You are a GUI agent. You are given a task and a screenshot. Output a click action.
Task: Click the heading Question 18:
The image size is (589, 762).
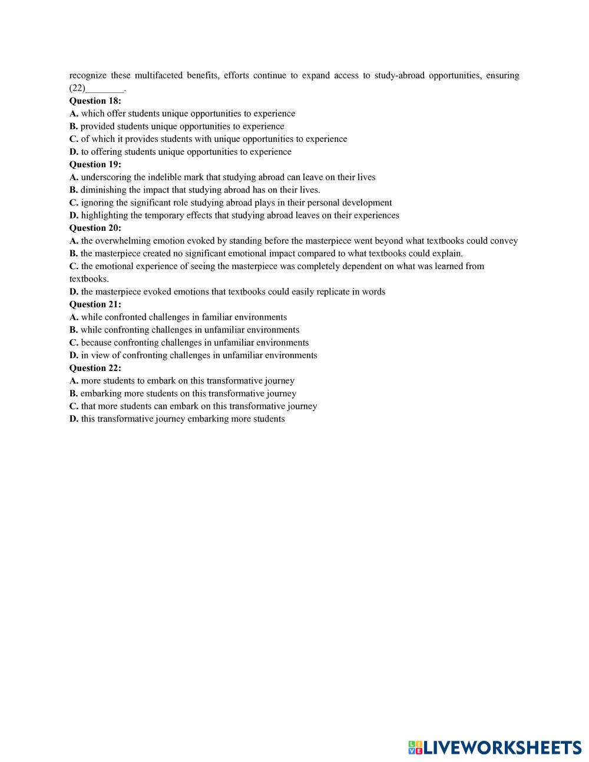coord(95,101)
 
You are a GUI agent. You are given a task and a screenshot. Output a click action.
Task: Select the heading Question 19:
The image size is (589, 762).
coord(95,164)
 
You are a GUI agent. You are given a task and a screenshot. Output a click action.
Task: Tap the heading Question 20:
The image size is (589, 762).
coord(95,228)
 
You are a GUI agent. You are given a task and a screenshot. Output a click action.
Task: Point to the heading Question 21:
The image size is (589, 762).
coord(95,304)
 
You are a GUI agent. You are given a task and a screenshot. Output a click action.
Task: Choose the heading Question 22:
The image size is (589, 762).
coord(95,368)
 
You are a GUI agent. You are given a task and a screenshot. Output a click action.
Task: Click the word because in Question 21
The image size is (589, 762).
coord(96,343)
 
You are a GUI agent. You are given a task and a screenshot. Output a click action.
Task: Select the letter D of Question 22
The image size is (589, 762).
coord(74,419)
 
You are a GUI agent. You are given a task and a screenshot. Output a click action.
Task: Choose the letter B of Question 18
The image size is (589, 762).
coord(74,127)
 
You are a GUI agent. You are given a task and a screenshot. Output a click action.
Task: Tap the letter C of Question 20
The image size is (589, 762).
coord(74,266)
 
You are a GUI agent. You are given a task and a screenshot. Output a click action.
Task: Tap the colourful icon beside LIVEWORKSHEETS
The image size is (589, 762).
coord(415,748)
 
